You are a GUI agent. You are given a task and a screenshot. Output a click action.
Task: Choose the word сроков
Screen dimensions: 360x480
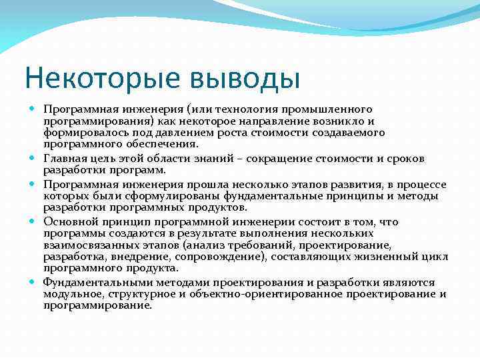404,158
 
